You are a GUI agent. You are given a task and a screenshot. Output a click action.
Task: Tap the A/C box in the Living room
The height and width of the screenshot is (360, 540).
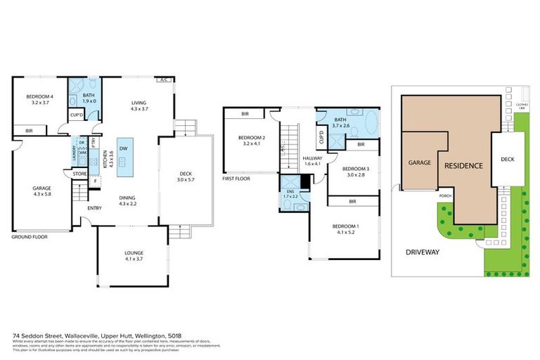[165, 79]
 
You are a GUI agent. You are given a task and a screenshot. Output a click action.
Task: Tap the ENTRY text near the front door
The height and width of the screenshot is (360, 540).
[94, 208]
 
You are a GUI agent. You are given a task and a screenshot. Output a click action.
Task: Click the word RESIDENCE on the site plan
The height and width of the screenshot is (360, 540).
[463, 166]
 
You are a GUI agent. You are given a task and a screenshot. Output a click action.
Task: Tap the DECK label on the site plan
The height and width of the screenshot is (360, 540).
[506, 160]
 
